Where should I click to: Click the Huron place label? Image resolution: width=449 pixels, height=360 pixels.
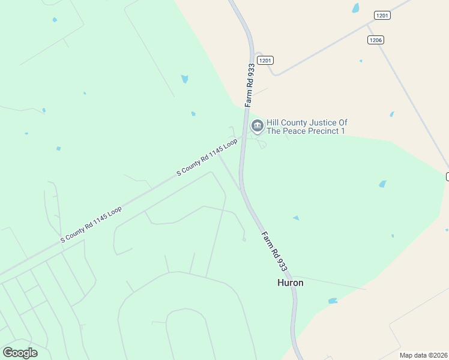290,283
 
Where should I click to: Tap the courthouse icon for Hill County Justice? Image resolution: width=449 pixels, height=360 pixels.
258,126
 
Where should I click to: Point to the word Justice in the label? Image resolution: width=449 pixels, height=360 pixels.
325,122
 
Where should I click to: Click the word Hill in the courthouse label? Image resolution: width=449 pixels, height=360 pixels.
273,122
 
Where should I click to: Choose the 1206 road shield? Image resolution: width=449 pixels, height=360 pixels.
376,40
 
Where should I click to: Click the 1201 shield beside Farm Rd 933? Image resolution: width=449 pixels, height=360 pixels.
265,60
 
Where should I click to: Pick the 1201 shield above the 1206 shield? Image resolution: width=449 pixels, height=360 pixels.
382,15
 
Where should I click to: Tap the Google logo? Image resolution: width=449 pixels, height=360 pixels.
20,353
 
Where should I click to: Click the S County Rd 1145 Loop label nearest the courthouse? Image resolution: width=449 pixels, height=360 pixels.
207,157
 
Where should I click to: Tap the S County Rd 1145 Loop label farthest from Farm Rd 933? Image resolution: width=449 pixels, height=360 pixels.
91,224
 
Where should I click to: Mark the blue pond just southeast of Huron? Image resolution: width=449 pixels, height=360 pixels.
333,301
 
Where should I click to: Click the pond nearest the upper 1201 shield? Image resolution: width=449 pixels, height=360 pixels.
356,8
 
